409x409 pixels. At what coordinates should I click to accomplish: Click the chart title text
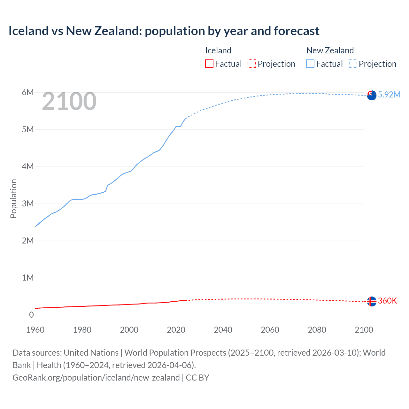[164, 31]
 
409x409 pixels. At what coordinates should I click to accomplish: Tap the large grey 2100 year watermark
[69, 101]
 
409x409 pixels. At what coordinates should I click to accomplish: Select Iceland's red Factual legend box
[209, 64]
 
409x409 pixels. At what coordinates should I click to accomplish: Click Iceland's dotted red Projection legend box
[252, 64]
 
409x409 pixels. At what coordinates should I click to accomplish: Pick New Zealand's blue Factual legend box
[310, 64]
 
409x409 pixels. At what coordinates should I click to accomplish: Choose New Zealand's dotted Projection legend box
[353, 64]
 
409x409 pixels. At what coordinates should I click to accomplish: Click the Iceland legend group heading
[218, 50]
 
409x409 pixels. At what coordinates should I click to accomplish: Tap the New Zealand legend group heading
[330, 50]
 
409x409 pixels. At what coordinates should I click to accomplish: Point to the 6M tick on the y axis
[27, 92]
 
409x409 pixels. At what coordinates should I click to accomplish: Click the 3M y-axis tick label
[27, 204]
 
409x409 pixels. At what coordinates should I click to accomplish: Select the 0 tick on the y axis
[31, 315]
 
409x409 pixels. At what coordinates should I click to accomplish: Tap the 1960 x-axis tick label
[35, 330]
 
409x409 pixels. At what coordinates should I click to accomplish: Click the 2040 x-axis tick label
[223, 330]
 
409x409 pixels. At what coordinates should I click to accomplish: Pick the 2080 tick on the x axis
[317, 330]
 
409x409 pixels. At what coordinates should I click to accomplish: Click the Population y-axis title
[13, 198]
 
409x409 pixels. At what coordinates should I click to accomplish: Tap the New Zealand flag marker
[372, 95]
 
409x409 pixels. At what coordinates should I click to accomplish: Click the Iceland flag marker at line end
[372, 301]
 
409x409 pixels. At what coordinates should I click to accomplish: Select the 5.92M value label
[389, 95]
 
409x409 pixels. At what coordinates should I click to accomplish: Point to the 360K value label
[387, 301]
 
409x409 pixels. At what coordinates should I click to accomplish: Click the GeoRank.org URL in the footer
[96, 378]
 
